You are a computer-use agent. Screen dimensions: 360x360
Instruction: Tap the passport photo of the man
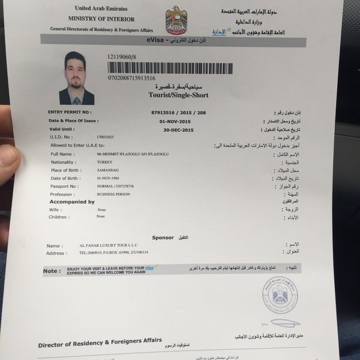[83, 77]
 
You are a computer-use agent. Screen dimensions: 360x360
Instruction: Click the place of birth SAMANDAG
[109, 170]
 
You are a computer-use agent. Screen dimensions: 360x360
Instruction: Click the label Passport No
[65, 186]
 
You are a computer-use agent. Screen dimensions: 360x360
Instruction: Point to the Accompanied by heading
[72, 202]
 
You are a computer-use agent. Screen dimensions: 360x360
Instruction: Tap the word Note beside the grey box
[52, 271]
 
